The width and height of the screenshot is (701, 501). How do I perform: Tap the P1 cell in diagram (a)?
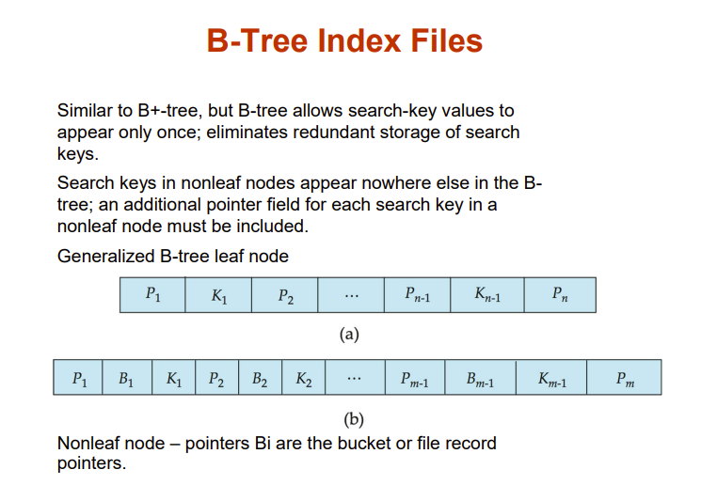click(x=152, y=295)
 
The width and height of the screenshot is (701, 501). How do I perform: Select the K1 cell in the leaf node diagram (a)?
click(x=218, y=295)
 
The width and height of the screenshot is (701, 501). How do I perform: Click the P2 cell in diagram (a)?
click(x=285, y=295)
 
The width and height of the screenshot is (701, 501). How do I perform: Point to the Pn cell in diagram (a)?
click(x=559, y=295)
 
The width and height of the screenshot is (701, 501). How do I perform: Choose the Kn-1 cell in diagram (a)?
click(x=486, y=295)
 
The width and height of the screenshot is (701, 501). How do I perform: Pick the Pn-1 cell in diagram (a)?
click(x=416, y=295)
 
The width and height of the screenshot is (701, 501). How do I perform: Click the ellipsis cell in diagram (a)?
click(x=351, y=295)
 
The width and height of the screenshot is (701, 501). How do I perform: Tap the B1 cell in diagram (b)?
click(x=126, y=378)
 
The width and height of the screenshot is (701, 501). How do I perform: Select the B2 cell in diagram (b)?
click(x=261, y=378)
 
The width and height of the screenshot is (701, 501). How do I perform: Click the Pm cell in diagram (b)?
click(x=624, y=378)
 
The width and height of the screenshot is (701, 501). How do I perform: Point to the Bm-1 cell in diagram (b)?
click(x=480, y=378)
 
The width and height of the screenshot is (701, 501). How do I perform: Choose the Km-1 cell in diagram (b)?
click(x=551, y=378)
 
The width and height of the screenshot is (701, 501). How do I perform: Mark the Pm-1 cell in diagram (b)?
click(x=414, y=378)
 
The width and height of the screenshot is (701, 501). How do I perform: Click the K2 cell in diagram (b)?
click(x=304, y=378)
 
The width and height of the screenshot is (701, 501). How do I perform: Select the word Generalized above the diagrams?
click(x=103, y=256)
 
